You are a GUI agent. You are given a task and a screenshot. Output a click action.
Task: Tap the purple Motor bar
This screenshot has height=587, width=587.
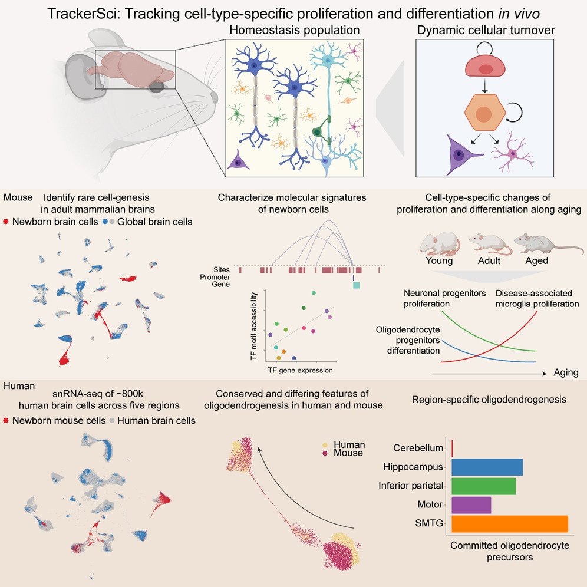click(x=471, y=505)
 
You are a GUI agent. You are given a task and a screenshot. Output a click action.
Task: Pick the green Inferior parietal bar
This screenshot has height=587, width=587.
click(x=483, y=486)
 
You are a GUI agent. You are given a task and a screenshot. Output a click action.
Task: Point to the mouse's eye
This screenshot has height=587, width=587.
click(x=157, y=87)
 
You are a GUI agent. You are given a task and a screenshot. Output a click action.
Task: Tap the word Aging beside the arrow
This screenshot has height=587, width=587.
click(x=566, y=373)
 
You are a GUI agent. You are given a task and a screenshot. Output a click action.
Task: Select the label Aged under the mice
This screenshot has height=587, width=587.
click(x=536, y=260)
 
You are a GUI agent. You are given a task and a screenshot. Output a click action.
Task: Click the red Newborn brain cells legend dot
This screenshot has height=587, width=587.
click(x=6, y=222)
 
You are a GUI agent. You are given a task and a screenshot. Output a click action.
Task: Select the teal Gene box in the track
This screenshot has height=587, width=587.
click(x=355, y=285)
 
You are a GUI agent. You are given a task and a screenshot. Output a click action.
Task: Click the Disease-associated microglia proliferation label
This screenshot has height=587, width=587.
click(x=537, y=298)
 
